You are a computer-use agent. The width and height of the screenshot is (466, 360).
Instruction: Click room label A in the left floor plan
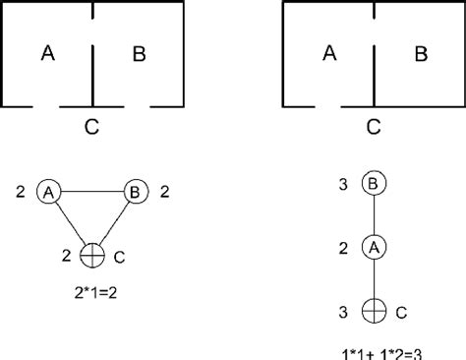tap(46, 54)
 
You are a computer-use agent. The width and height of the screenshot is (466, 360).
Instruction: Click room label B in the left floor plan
tap(139, 54)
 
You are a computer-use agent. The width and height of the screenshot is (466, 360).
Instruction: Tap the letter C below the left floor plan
tap(91, 125)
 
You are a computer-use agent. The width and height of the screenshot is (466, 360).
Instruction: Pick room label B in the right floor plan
tap(420, 54)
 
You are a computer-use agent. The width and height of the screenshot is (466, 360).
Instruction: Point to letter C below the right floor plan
tap(373, 125)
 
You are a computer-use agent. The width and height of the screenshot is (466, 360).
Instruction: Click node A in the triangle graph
tap(47, 192)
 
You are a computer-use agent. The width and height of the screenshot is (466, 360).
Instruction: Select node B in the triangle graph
tap(134, 192)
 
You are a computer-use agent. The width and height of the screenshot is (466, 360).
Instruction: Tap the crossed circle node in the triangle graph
tap(90, 256)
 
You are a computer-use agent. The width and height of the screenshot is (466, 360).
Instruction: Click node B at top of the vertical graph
tap(373, 184)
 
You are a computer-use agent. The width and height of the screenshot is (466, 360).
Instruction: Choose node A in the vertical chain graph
tap(373, 246)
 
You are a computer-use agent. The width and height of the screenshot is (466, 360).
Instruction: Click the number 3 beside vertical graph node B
tap(341, 184)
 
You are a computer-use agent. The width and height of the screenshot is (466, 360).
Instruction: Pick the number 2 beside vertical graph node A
tap(341, 246)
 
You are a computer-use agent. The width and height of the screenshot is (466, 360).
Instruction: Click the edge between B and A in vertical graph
tap(373, 214)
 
